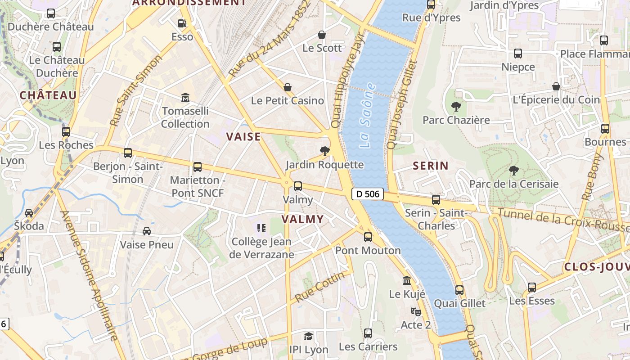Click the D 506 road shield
pyautogui.click(x=367, y=194)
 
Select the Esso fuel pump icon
pyautogui.click(x=182, y=23)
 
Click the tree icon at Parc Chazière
pyautogui.click(x=456, y=107)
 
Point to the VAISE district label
pyautogui.click(x=243, y=137)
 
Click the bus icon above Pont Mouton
pyautogui.click(x=368, y=237)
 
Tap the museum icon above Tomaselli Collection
pyautogui.click(x=185, y=97)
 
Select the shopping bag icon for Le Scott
pyautogui.click(x=322, y=35)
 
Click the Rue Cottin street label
pyautogui.click(x=320, y=287)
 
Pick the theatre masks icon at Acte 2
pyautogui.click(x=415, y=311)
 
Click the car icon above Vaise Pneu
pyautogui.click(x=147, y=231)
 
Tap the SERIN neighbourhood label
pyautogui.click(x=431, y=166)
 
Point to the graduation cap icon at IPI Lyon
pyautogui.click(x=308, y=336)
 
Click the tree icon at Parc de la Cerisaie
pyautogui.click(x=513, y=171)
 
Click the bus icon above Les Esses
pyautogui.click(x=532, y=287)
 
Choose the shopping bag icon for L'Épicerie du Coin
pyautogui.click(x=556, y=86)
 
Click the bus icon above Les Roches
pyautogui.click(x=66, y=132)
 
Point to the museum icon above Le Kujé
pyautogui.click(x=407, y=281)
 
